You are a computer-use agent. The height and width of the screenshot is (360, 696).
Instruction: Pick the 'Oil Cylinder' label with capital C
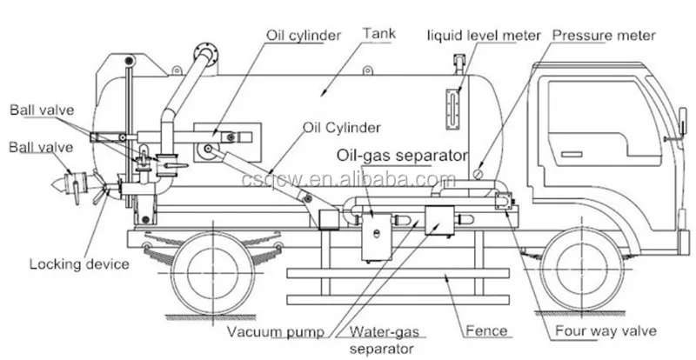pyautogui.click(x=341, y=127)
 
